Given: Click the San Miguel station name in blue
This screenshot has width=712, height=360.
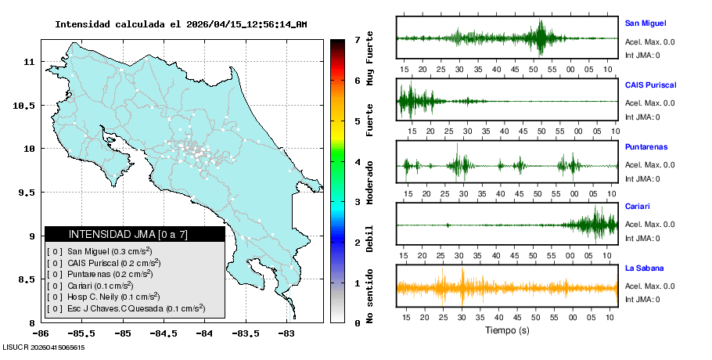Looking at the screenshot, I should point(645,23).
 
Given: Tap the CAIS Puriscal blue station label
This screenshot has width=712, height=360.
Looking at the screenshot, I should point(650,85).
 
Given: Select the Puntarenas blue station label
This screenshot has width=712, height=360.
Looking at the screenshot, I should point(645,146).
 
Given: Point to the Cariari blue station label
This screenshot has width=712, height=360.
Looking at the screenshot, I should point(638,207).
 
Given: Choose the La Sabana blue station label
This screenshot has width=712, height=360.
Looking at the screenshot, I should point(644,268).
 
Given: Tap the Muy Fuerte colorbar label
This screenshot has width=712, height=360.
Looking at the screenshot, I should point(370,62).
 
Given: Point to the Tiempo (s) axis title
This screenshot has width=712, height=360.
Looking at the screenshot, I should point(507,331).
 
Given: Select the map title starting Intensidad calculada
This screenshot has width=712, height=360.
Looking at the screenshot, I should point(180,24).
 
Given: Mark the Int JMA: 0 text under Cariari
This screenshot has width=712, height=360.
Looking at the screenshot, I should point(642,238).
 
